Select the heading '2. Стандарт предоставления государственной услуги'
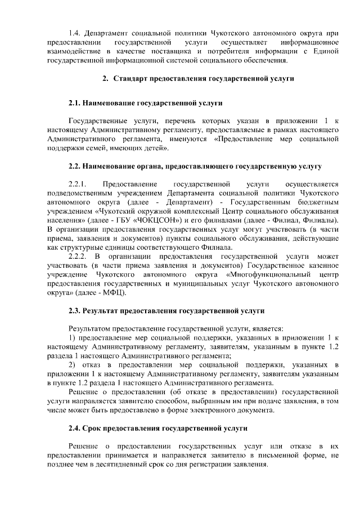(198, 79)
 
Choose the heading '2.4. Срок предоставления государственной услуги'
(157, 428)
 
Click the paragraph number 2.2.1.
(76, 183)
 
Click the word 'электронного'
(224, 409)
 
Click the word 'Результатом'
(89, 327)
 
